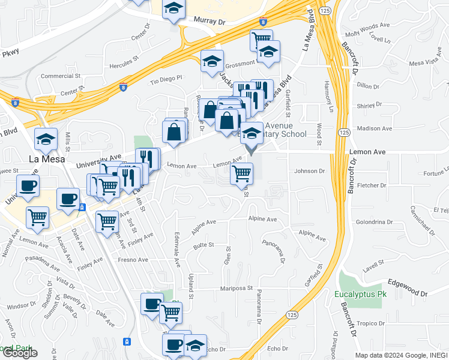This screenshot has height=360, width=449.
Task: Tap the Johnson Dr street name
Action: point(309,171)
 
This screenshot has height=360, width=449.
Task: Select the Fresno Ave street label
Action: point(133,260)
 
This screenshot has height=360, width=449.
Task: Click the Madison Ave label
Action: point(374,128)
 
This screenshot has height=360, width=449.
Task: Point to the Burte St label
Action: point(203,246)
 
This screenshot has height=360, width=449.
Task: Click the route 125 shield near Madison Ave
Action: point(342,131)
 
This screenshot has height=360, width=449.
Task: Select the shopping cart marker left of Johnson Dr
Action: point(241,174)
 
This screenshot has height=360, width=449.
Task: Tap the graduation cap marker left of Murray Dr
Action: point(173,10)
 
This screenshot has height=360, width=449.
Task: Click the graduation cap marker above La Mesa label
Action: point(46,140)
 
